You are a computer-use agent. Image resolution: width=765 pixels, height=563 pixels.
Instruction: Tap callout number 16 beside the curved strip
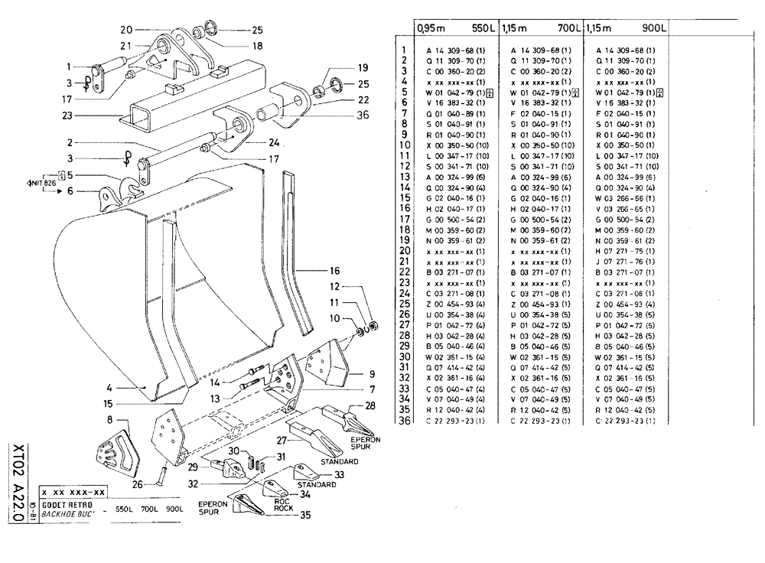(334, 271)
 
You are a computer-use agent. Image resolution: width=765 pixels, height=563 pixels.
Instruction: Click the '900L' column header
(656, 28)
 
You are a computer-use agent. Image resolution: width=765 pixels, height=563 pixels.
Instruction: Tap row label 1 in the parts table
(402, 50)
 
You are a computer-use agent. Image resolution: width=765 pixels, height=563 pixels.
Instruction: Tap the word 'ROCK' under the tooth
(284, 509)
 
